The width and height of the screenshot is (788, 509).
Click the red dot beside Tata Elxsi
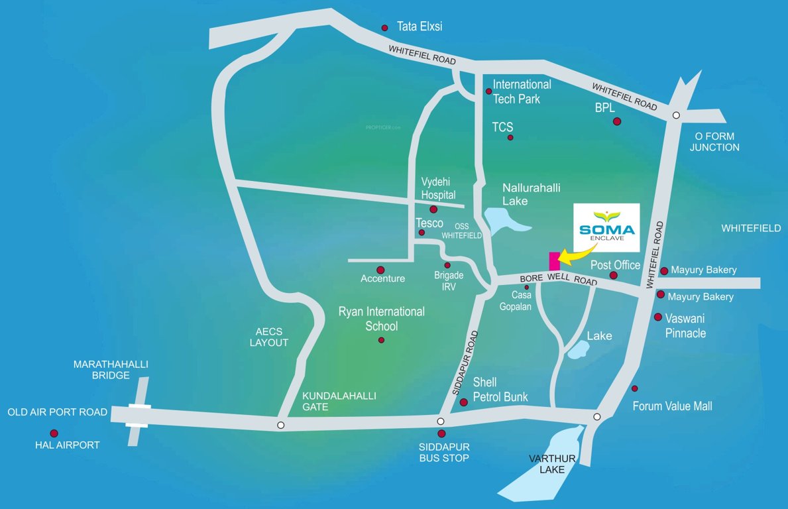384,28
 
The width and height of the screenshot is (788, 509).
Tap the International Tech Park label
522,91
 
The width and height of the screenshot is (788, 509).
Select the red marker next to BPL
617,121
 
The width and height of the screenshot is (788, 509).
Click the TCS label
502,127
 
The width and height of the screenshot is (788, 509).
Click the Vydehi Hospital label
439,188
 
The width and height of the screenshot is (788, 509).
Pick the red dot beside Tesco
422,233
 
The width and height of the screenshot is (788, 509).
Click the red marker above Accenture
380,270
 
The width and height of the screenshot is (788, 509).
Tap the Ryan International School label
382,318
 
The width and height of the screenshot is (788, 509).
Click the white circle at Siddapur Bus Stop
441,422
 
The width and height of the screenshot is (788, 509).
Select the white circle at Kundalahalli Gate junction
281,425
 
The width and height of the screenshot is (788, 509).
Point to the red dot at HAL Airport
54,433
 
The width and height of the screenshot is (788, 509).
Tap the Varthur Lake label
552,464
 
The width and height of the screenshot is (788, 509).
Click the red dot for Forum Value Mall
634,388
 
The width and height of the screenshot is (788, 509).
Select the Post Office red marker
614,275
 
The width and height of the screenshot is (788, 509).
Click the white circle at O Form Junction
676,115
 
